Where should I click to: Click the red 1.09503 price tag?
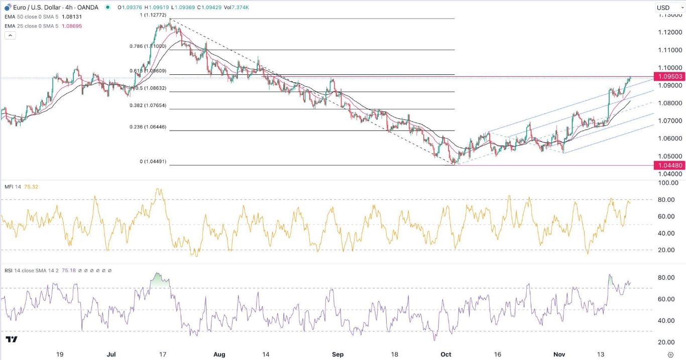[668, 76]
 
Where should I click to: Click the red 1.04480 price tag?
[668, 165]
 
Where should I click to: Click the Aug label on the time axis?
[219, 354]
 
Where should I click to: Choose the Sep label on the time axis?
[337, 354]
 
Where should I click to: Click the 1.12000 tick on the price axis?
[668, 33]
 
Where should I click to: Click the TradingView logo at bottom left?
[12, 340]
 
